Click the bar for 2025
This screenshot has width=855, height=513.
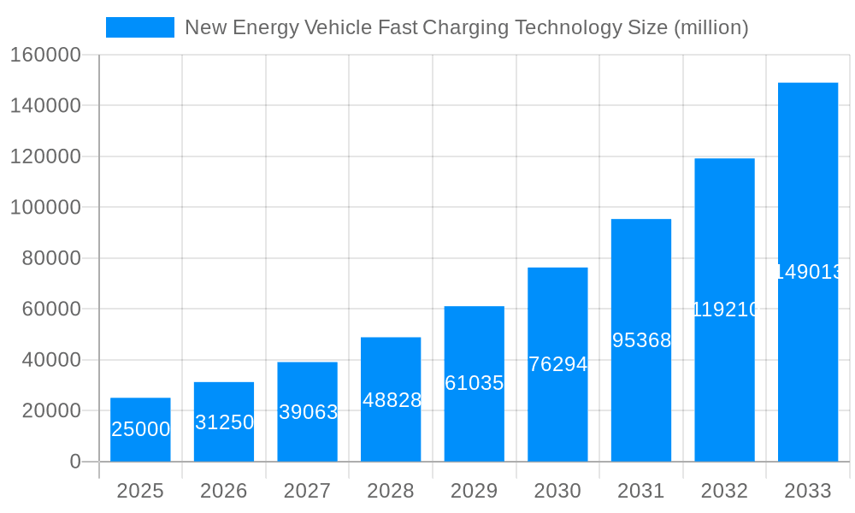(x=140, y=429)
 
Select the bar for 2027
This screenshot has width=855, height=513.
(x=307, y=411)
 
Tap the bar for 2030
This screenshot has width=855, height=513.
(x=557, y=364)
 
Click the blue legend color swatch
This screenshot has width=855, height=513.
(x=139, y=27)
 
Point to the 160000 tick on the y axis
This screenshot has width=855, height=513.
(x=45, y=56)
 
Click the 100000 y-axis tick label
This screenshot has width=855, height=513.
(x=45, y=208)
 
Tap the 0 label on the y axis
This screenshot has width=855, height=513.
(x=74, y=462)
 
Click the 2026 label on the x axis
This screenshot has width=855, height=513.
(x=224, y=491)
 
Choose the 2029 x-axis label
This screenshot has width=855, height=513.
(x=474, y=491)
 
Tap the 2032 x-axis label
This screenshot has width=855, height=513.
(x=724, y=491)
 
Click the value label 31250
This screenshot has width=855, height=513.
(x=224, y=422)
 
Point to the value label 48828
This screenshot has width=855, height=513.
(x=391, y=400)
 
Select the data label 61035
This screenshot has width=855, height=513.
(x=474, y=383)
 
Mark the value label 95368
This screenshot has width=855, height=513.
(x=641, y=340)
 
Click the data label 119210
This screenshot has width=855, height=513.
(x=724, y=310)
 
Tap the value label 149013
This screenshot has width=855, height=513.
(x=808, y=272)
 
